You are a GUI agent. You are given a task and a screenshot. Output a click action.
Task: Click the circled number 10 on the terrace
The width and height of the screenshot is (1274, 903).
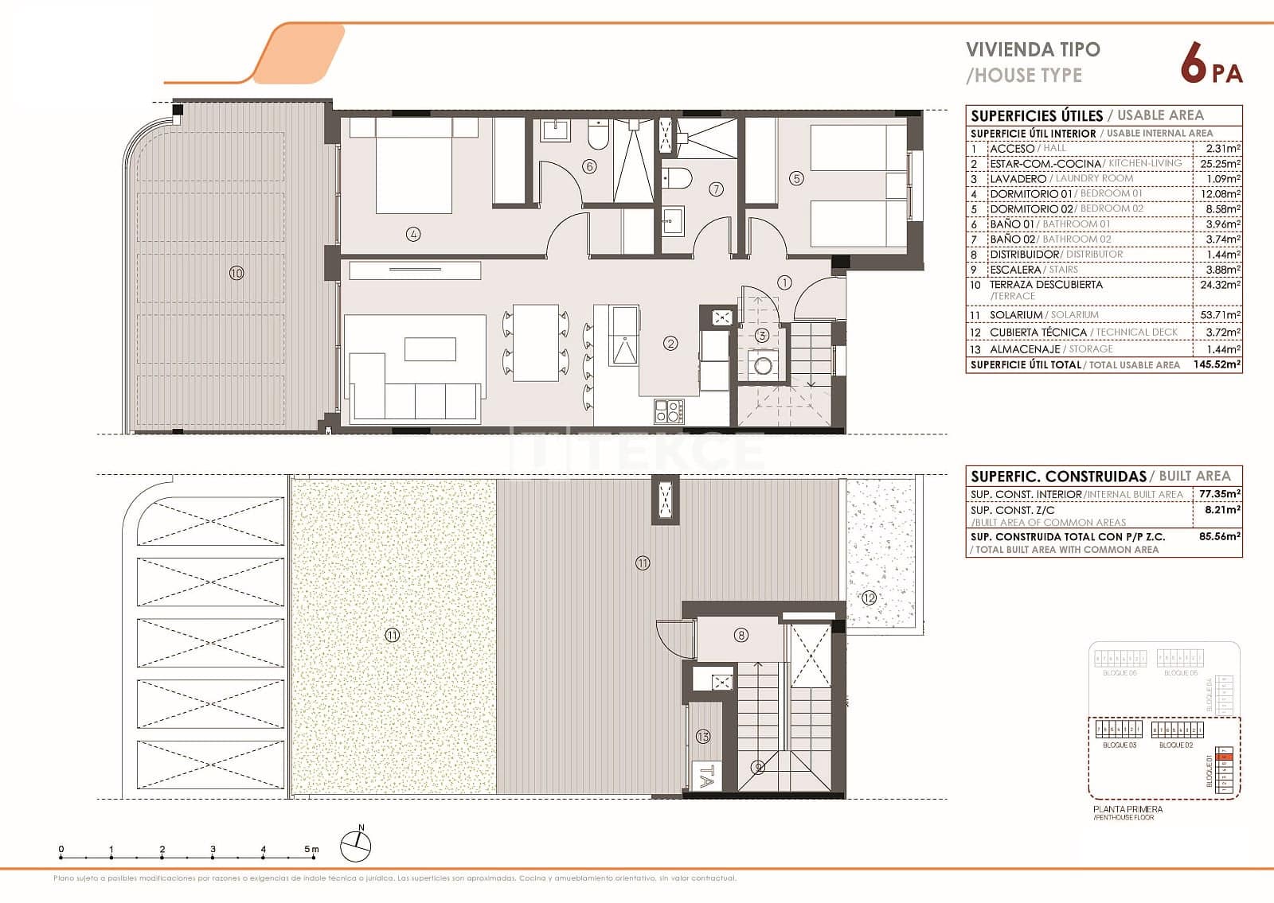tap(236, 273)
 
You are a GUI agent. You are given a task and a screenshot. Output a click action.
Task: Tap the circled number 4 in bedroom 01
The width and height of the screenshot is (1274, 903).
tap(412, 234)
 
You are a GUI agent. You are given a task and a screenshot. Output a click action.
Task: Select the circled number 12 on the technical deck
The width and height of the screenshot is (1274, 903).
tap(869, 597)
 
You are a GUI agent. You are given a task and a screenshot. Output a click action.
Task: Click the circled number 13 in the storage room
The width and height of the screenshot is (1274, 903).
tap(702, 738)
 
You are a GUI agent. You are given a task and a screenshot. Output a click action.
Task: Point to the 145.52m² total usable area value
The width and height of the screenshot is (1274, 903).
tap(1220, 364)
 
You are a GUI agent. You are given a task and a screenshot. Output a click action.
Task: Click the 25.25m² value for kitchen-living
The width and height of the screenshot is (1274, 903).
tap(1220, 163)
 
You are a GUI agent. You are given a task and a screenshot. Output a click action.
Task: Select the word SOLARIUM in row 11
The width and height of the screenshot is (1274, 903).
tap(1016, 315)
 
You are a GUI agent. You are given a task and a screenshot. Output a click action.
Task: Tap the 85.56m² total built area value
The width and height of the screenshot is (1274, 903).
tap(1220, 536)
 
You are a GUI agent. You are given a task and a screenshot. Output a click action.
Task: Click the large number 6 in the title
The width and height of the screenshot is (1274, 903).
tap(1192, 64)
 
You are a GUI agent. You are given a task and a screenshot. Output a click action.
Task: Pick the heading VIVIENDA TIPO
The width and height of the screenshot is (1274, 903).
tap(1033, 49)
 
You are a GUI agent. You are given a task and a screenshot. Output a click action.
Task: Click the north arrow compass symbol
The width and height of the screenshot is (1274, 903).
tap(355, 846)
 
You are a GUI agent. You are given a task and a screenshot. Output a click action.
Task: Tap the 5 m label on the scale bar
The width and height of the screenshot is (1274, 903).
tap(311, 850)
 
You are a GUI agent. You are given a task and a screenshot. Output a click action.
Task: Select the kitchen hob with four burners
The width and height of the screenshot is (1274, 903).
tap(668, 411)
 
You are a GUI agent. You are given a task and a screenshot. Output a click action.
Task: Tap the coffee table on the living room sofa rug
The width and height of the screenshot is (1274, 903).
tap(430, 349)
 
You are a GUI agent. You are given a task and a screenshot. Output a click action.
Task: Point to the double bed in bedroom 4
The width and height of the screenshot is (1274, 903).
tap(413, 165)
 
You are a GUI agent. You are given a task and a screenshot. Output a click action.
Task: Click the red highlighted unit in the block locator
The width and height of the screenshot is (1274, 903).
tap(1226, 757)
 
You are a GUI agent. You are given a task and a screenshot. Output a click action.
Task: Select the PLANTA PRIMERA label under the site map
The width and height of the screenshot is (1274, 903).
tap(1127, 809)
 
